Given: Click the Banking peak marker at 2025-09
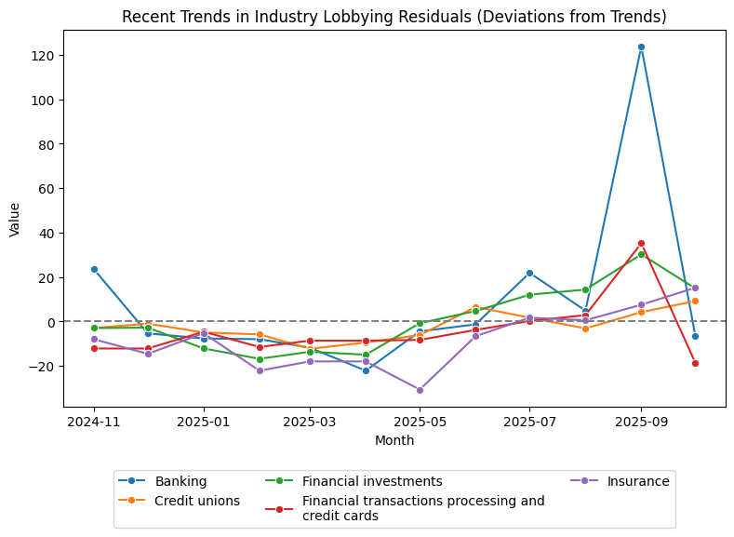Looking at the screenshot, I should pyautogui.click(x=641, y=47).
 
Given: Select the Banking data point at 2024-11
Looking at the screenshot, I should pyautogui.click(x=94, y=269).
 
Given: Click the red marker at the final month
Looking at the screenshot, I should pyautogui.click(x=695, y=363).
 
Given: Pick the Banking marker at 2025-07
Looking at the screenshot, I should pyautogui.click(x=529, y=273).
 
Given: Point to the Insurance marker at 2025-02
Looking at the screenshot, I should pyautogui.click(x=260, y=370).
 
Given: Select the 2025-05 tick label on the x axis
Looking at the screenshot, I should pyautogui.click(x=420, y=422).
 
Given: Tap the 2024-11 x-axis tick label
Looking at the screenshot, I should pyautogui.click(x=94, y=422).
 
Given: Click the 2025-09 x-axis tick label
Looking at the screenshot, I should pyautogui.click(x=641, y=422).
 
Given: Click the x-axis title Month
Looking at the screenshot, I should pyautogui.click(x=394, y=440).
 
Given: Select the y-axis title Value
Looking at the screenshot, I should pyautogui.click(x=14, y=219).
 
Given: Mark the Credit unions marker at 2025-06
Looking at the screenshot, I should pyautogui.click(x=475, y=307).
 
